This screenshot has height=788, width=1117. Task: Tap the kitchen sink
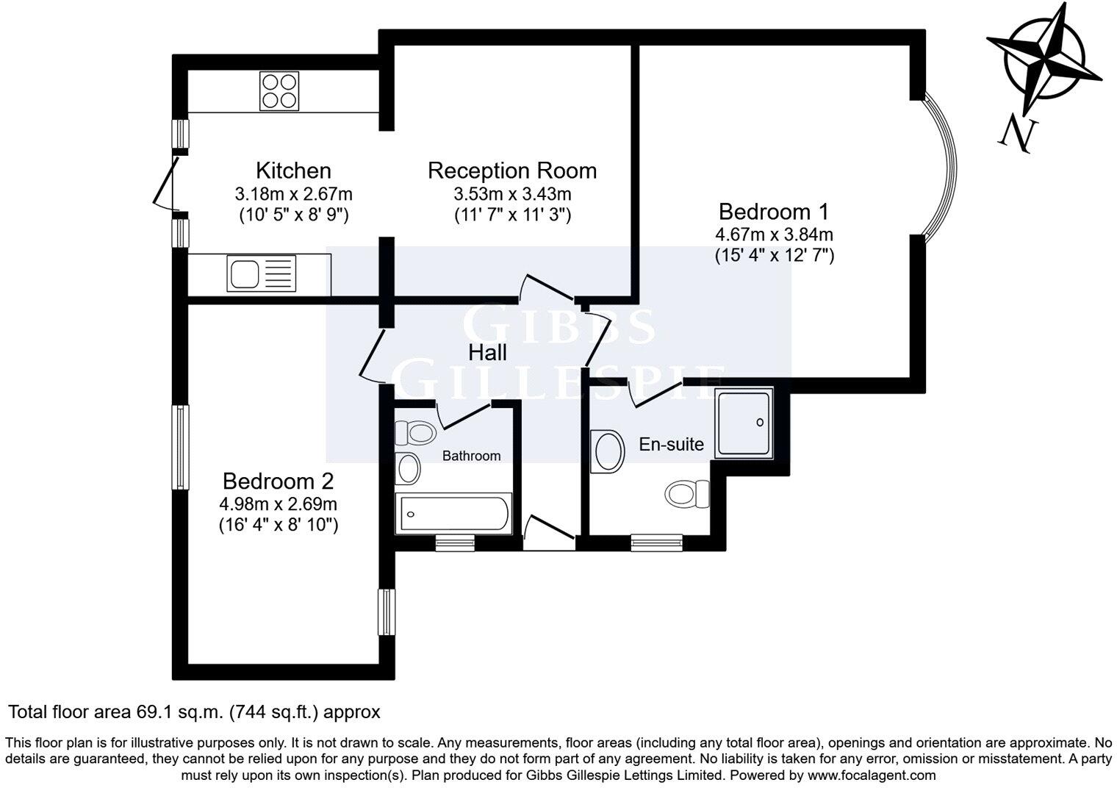coord(261,273)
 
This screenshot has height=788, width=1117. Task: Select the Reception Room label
coord(511,171)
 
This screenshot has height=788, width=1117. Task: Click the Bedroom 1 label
coord(773,212)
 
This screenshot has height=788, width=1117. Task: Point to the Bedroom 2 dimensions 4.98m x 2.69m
coord(278,504)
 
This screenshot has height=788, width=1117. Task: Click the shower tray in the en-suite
coord(744,423)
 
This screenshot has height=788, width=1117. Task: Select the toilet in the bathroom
coord(413,432)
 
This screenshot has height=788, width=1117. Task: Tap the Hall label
coord(488,353)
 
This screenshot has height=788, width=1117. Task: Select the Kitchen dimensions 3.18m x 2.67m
coord(293,194)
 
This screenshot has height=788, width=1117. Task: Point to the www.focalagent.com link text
coord(872,775)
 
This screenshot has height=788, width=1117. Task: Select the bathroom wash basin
coord(407,468)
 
